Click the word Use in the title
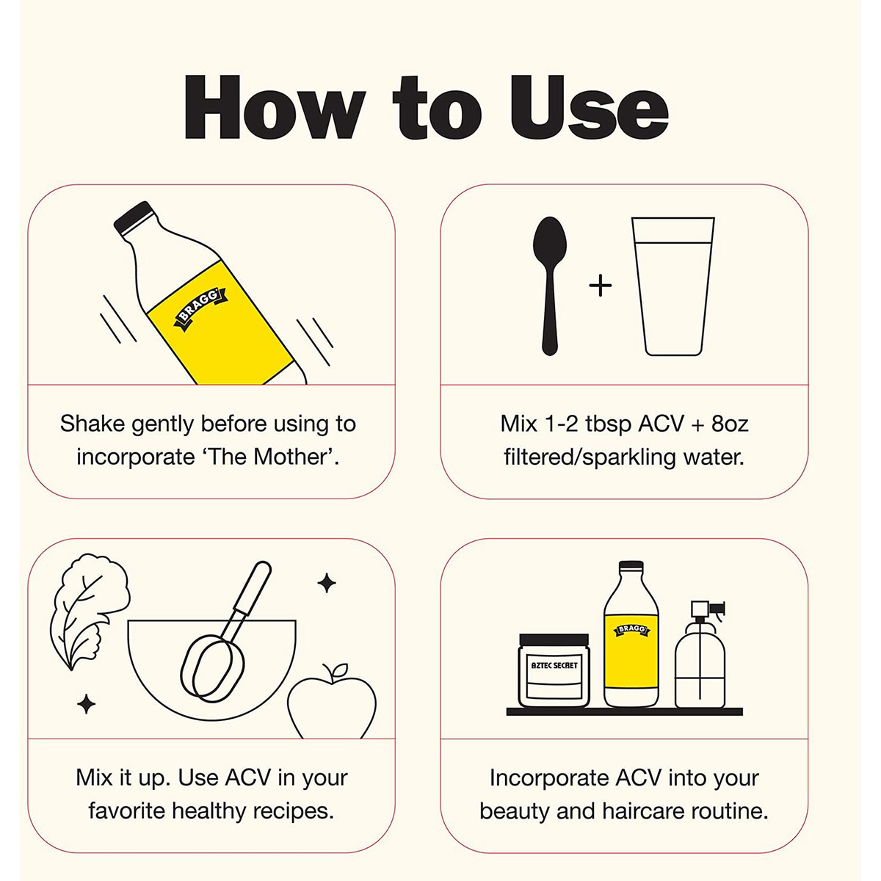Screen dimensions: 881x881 (x=590, y=107)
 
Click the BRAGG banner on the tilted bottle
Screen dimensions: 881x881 (x=200, y=309)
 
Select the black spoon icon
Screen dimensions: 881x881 (x=550, y=286)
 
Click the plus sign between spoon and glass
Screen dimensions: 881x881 (x=601, y=286)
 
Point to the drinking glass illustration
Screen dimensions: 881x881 (x=672, y=286)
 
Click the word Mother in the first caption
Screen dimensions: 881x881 (x=292, y=457)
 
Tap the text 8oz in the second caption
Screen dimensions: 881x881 (x=730, y=424)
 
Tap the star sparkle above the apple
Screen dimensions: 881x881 (x=327, y=582)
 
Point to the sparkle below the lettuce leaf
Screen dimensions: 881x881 (x=86, y=704)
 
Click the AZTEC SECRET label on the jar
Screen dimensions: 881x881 (x=554, y=666)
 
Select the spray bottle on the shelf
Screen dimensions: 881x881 (x=700, y=655)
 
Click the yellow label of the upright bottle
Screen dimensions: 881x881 (x=631, y=652)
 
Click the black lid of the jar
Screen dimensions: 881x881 (x=554, y=639)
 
